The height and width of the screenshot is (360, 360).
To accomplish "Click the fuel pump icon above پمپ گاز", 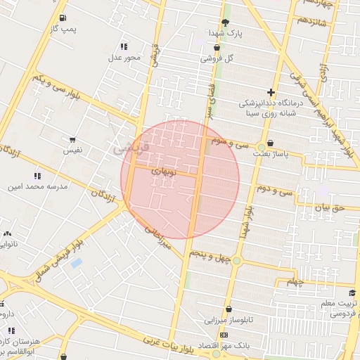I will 64,18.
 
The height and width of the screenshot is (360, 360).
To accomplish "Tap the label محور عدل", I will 124,57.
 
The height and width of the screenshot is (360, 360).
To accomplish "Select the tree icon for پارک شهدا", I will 225,22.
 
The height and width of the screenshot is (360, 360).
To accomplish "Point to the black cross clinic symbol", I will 271,92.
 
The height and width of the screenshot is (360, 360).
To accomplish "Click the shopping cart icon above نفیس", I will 72,140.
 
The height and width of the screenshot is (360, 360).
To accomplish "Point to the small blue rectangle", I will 76,263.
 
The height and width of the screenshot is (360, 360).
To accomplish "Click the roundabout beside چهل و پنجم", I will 237,261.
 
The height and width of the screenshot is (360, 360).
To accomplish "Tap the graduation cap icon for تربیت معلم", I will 352,292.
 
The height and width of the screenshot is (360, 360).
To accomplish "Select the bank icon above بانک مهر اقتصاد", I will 224,335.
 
